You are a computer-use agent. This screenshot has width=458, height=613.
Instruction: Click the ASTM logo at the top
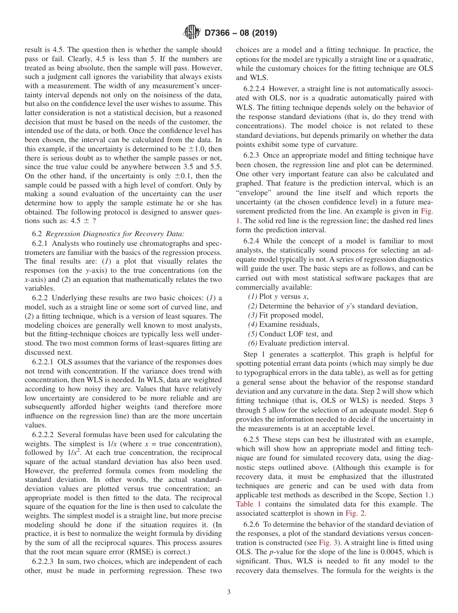coord(192,33)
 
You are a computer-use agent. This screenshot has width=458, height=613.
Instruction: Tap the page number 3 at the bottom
coord(229,592)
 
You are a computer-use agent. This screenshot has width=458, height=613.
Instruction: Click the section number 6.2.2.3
coord(43,561)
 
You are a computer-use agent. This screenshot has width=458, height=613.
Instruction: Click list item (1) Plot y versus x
coord(278,297)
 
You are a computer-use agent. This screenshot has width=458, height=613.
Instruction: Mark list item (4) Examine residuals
coord(283,325)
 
